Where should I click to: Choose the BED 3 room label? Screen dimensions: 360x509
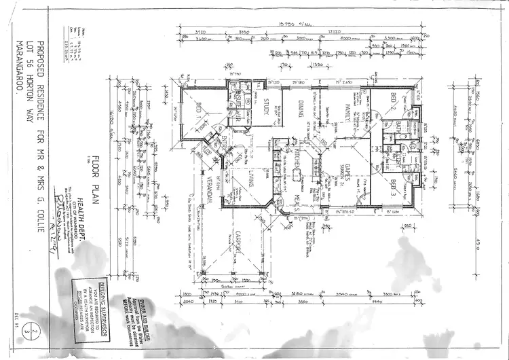point(395,185)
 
